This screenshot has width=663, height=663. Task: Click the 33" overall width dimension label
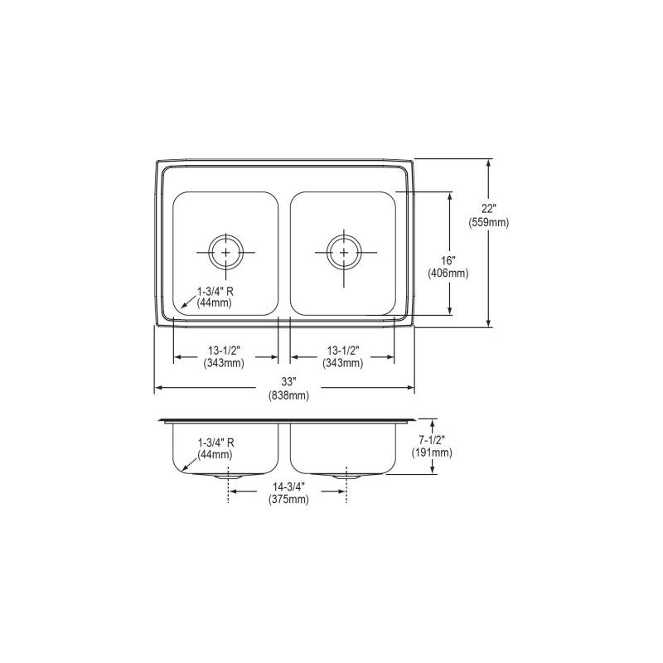288,382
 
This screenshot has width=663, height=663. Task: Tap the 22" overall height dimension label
489,209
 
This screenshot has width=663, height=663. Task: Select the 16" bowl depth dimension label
448,260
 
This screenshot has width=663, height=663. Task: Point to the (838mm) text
288,396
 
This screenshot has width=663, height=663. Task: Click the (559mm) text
489,222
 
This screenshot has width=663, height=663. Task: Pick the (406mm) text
448,273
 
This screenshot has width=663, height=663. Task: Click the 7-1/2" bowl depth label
432,440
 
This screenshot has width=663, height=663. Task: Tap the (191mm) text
432,452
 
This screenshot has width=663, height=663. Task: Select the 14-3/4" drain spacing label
288,486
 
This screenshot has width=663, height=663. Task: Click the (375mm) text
288,500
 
